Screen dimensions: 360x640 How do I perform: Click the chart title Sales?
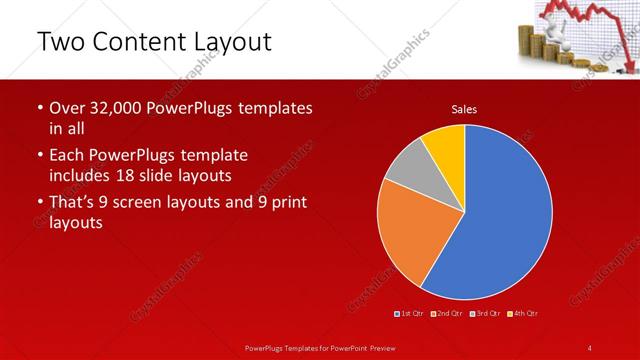(464, 108)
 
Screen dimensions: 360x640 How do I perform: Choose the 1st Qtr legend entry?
(410, 314)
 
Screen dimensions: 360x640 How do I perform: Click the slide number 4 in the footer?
(590, 347)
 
